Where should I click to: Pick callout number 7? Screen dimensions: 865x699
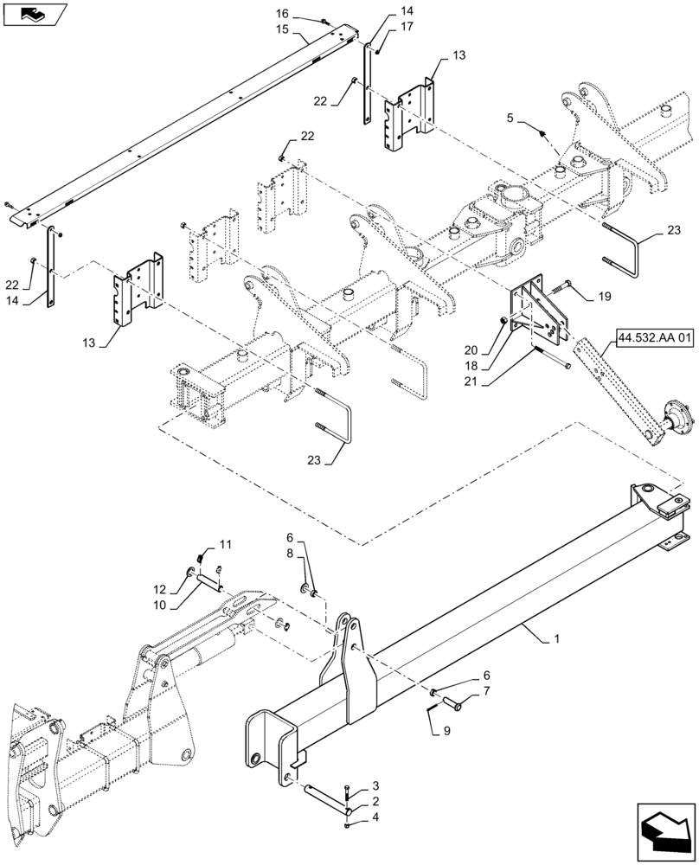[x=485, y=691]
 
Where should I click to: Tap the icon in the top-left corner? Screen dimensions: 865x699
[x=35, y=15]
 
